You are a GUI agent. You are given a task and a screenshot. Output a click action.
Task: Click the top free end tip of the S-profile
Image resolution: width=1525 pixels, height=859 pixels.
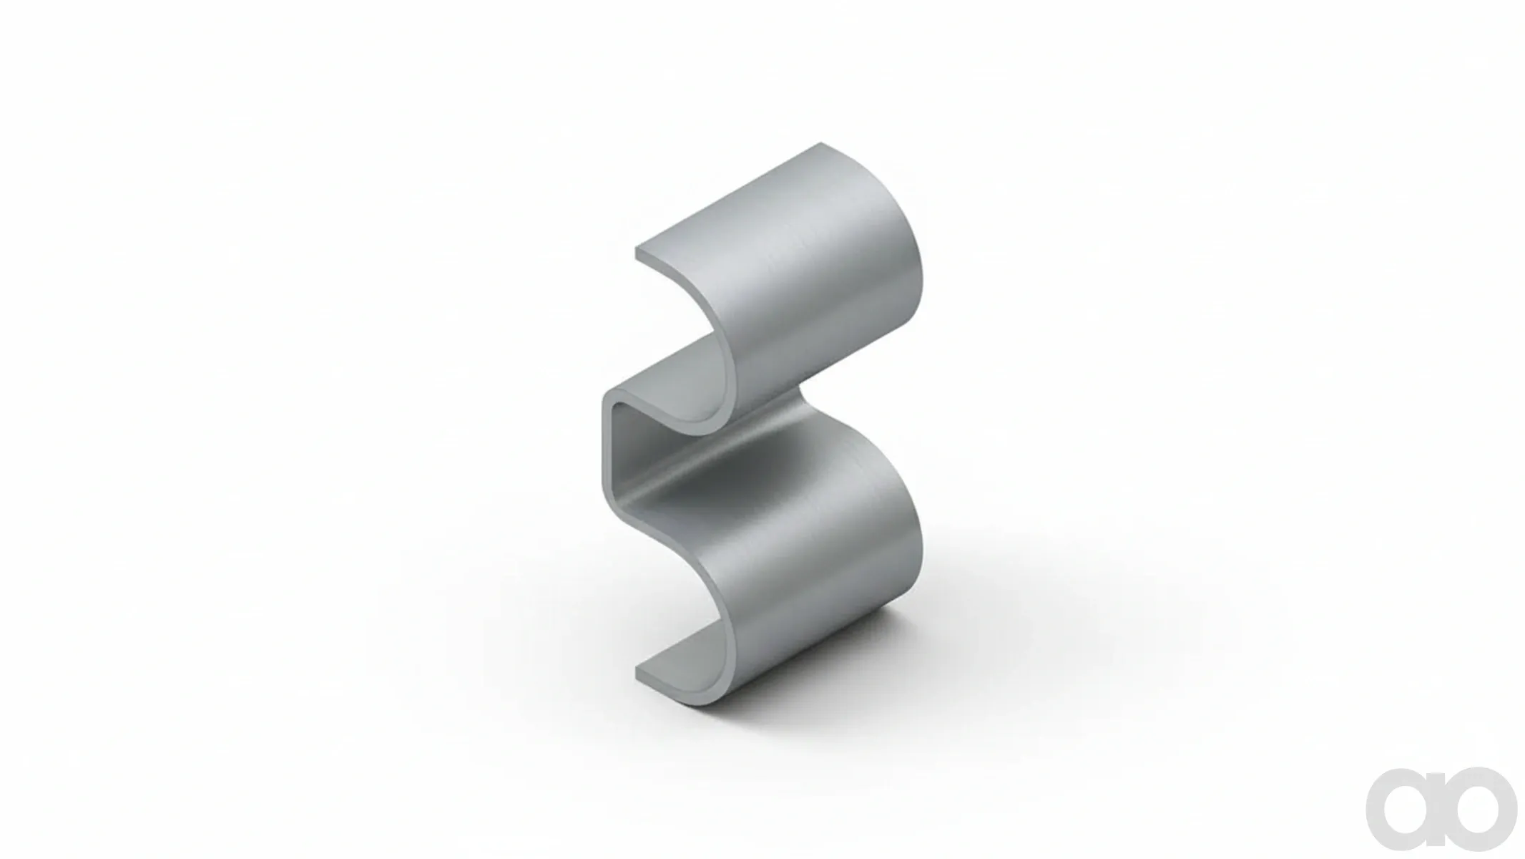[637, 253]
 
